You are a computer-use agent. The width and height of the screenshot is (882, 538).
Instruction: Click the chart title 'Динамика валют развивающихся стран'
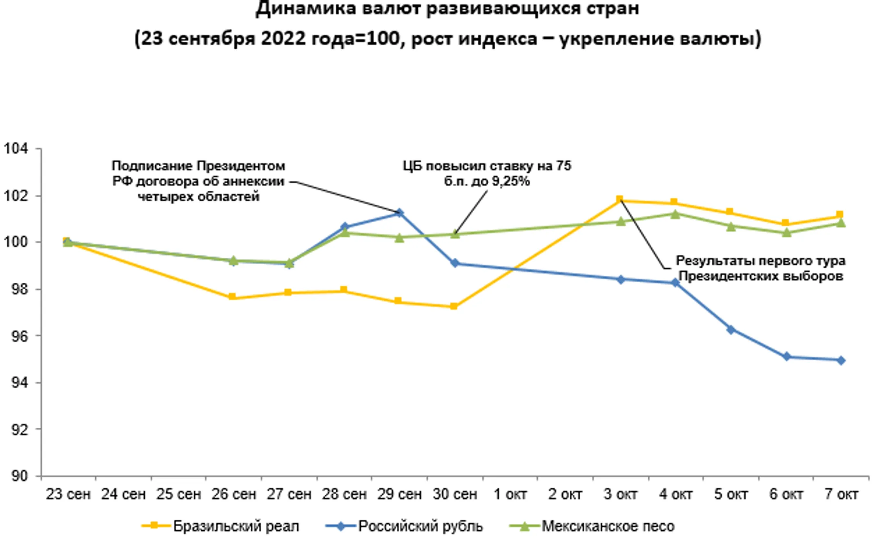(448, 9)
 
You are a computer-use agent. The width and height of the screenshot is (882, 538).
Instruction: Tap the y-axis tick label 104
(16, 148)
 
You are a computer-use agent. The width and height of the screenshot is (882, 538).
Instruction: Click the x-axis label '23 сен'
(68, 494)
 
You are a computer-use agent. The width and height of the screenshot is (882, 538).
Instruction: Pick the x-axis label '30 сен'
(455, 494)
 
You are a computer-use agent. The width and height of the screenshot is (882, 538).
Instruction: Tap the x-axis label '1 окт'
(510, 494)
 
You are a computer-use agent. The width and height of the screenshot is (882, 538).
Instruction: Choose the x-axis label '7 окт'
(841, 494)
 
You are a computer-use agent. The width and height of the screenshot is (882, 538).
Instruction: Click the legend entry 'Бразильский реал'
(236, 526)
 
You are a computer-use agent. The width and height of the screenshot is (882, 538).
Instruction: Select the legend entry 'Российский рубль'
(420, 526)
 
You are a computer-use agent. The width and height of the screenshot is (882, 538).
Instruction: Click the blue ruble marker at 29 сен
(400, 213)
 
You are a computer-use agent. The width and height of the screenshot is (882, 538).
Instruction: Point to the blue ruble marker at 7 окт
(841, 360)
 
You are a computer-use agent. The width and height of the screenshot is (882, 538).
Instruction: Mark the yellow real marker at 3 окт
(619, 200)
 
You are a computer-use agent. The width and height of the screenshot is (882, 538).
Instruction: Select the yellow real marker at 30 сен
(454, 306)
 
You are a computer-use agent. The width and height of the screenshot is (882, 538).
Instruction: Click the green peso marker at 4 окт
(675, 214)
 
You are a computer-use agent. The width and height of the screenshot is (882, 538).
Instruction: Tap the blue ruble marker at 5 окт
(731, 330)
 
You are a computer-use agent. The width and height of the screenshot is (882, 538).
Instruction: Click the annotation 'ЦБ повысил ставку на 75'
(487, 166)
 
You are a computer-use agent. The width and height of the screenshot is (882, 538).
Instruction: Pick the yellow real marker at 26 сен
(232, 297)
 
